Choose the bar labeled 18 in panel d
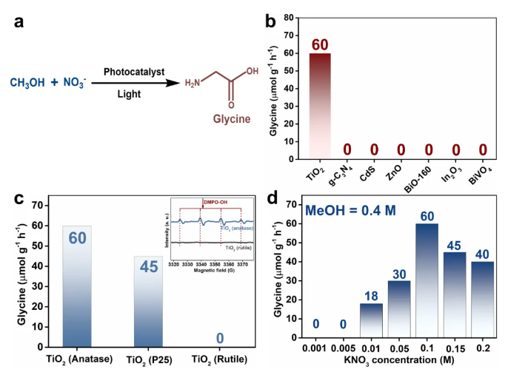coord(370,318)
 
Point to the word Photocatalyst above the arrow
coord(134,72)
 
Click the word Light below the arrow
coord(130,94)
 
